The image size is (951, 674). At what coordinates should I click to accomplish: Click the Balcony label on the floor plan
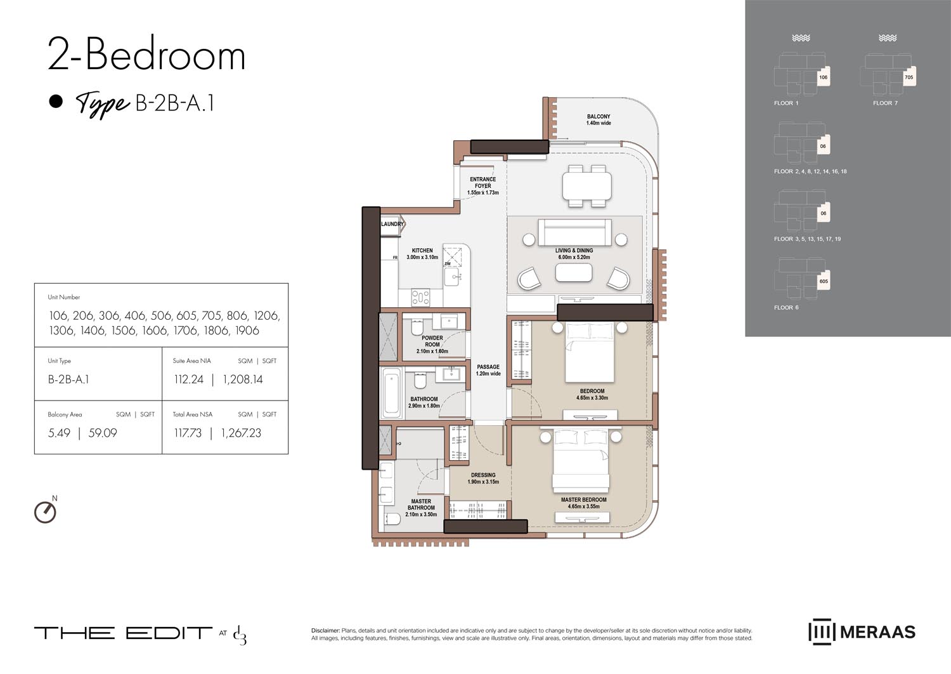(598, 117)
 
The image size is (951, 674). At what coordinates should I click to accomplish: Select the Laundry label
(392, 224)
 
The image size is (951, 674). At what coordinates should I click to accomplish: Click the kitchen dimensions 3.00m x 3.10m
(422, 257)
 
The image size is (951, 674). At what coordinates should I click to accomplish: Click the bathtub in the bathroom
(391, 392)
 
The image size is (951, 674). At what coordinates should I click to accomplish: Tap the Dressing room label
(483, 475)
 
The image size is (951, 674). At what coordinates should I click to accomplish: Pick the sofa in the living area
(574, 232)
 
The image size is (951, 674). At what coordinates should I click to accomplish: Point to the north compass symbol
(45, 512)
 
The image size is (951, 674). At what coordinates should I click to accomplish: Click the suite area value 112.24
(188, 380)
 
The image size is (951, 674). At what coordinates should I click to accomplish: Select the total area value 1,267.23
(241, 433)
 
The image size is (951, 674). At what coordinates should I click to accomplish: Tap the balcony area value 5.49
(59, 433)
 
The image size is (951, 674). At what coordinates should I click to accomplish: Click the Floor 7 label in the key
(885, 103)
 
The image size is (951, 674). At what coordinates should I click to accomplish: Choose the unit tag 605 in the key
(823, 281)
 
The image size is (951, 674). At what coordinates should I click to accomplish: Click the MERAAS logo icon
(820, 632)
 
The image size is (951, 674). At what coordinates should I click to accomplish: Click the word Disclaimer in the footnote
(325, 630)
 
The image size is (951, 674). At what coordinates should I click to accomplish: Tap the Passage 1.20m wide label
(488, 370)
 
